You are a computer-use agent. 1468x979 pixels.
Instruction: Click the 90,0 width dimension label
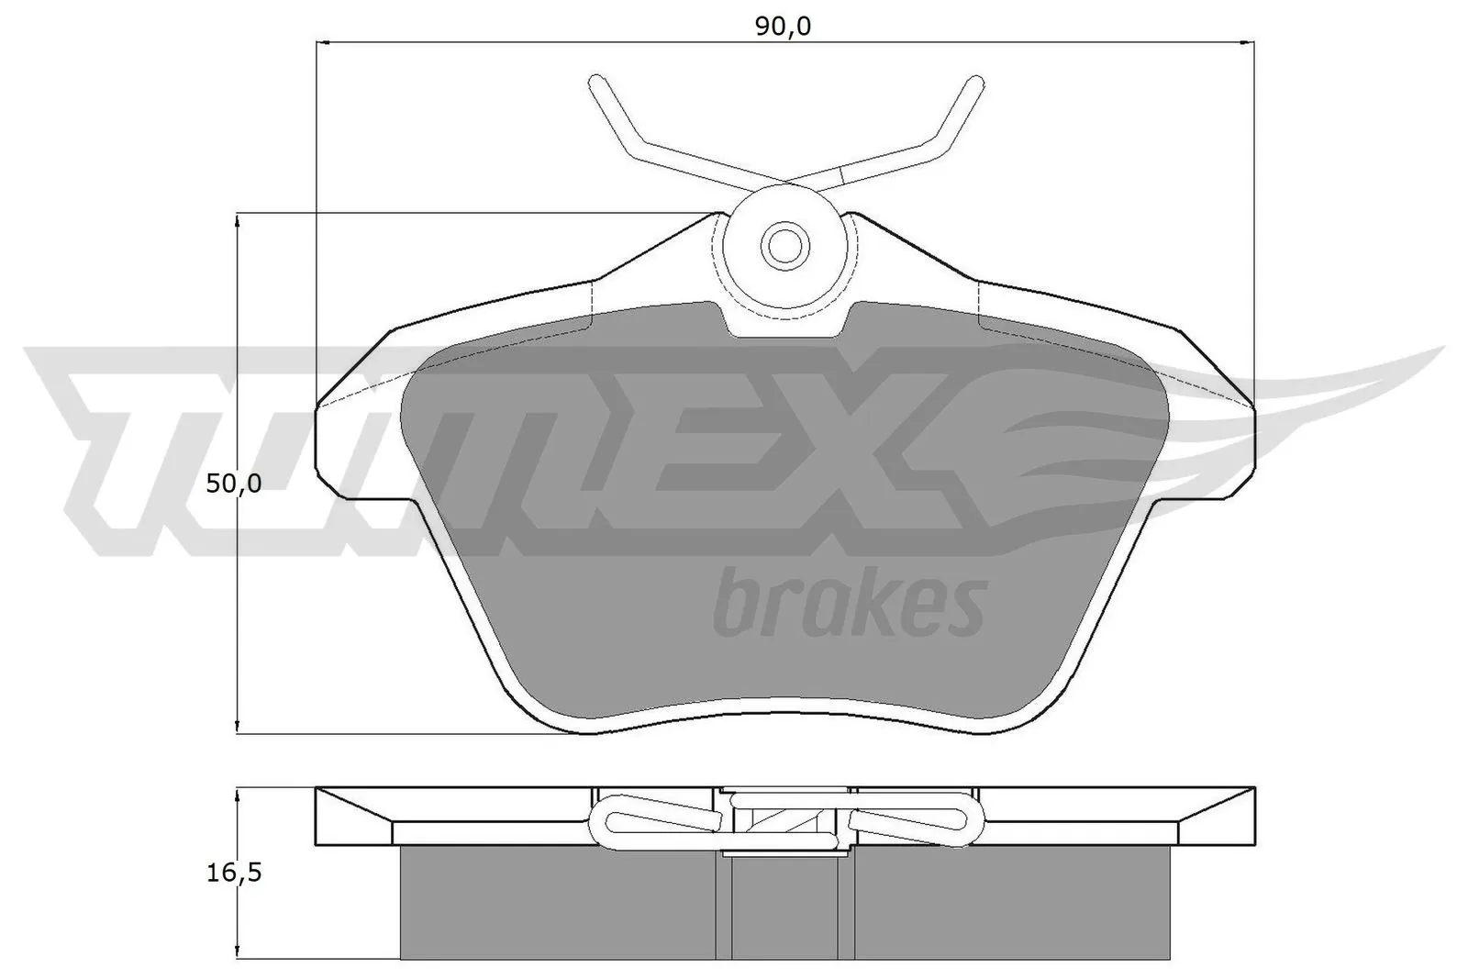783,27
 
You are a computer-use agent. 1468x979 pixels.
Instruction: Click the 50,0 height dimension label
234,484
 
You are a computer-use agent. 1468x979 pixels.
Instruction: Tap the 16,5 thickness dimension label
234,872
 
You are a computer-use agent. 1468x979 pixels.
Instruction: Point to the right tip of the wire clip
974,83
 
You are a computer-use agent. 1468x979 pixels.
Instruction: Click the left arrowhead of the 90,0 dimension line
323,42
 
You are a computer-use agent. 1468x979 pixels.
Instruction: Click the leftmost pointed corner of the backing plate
317,405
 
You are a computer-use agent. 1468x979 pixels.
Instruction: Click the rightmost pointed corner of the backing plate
1253,405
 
